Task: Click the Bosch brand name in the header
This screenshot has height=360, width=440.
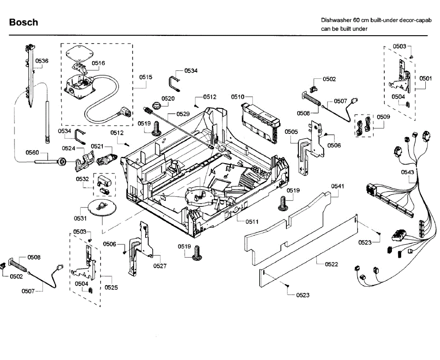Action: (23, 22)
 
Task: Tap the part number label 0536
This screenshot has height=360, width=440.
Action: (42, 61)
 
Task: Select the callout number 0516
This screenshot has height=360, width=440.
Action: (98, 63)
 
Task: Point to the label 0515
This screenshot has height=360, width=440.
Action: (146, 77)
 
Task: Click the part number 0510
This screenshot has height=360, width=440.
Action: (238, 97)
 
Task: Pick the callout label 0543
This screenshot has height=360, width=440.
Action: (408, 172)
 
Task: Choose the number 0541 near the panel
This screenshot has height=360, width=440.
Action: (338, 186)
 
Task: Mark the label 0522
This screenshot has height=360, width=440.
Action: (331, 264)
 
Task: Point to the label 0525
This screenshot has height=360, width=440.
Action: (111, 287)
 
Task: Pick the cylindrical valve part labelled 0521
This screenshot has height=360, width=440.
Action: (105, 160)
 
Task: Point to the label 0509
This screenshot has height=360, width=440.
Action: (384, 117)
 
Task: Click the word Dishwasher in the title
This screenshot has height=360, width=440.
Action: (335, 21)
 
